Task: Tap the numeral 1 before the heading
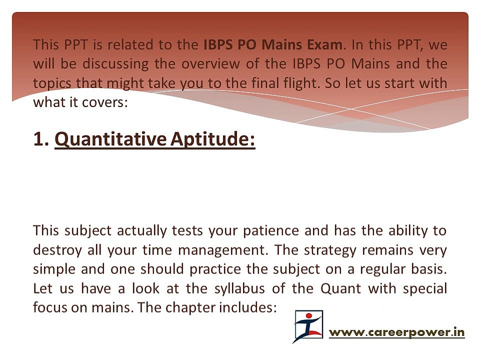(x=39, y=140)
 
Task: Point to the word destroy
(x=56, y=249)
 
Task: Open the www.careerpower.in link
(x=396, y=331)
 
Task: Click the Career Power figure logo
(x=308, y=326)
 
